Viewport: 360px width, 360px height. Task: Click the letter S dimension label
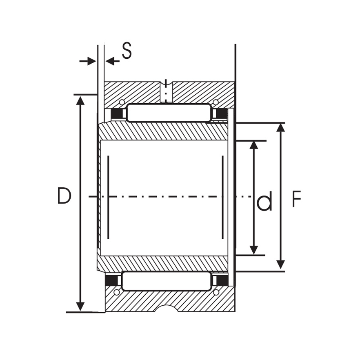(x=127, y=51)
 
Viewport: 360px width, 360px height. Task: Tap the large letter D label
(x=64, y=196)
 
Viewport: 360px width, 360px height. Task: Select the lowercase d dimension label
(x=264, y=201)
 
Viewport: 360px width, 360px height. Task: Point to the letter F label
(x=296, y=200)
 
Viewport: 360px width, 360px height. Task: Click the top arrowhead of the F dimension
(x=280, y=128)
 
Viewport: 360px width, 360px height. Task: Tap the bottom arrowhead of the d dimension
(x=254, y=249)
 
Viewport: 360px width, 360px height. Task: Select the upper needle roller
(x=169, y=113)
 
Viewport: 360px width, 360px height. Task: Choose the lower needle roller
(x=167, y=281)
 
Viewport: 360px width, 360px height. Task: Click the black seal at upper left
(x=117, y=114)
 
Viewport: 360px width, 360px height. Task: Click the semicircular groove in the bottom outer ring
(x=166, y=309)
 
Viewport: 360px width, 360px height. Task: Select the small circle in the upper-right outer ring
(x=216, y=102)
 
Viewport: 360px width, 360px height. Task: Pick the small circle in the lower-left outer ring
(x=117, y=292)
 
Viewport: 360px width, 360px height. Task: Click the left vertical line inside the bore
(x=108, y=197)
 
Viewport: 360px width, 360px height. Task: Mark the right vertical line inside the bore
(x=222, y=197)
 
